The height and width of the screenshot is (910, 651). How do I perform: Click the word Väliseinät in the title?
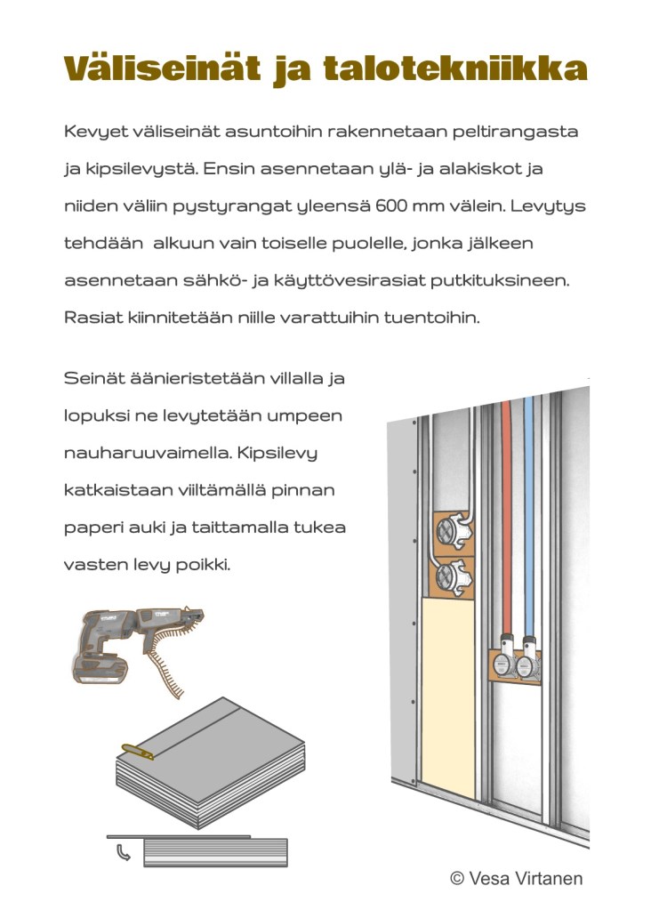(x=163, y=68)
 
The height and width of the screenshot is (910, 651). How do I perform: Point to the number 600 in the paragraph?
(x=391, y=206)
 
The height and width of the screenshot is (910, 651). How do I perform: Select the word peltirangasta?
(x=515, y=132)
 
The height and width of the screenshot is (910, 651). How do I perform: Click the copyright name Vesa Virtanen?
(x=525, y=878)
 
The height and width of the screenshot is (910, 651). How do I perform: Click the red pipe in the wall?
(x=507, y=517)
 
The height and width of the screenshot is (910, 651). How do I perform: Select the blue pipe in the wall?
(x=528, y=517)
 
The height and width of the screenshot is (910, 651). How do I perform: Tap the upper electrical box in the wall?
(x=454, y=531)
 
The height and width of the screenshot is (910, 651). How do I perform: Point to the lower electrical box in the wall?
(x=454, y=577)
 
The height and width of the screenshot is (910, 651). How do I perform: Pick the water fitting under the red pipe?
(x=504, y=659)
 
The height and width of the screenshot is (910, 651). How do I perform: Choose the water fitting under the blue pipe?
(x=528, y=659)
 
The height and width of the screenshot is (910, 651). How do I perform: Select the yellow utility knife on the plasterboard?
(x=138, y=752)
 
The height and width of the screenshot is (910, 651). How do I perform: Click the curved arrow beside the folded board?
(x=124, y=852)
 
